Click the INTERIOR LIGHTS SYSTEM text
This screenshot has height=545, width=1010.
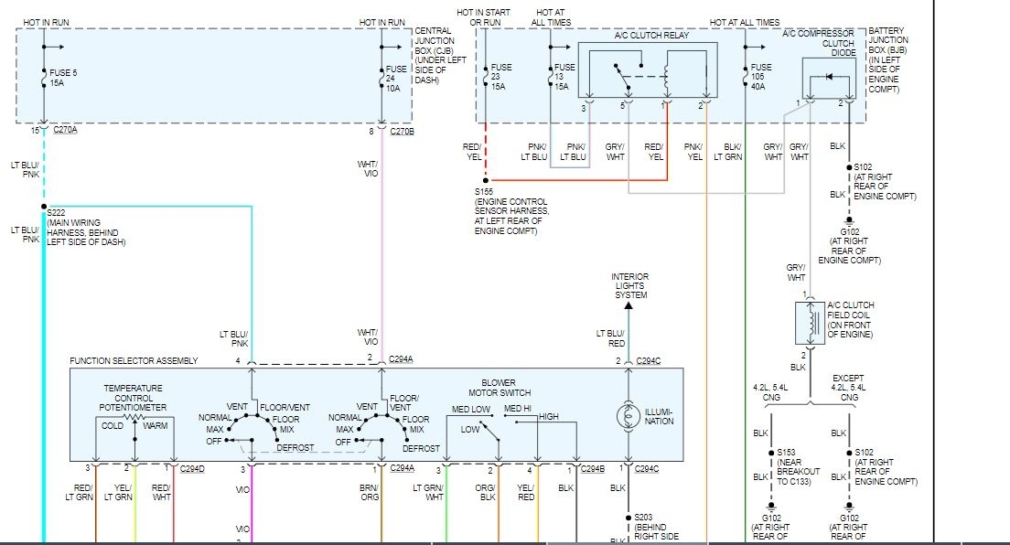[630, 285]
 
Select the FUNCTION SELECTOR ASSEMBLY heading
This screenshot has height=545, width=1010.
[134, 361]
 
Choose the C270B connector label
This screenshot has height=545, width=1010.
[403, 131]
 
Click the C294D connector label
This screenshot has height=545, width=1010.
[192, 469]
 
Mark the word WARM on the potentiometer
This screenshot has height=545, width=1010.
[156, 425]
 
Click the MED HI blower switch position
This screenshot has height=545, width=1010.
[518, 408]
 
